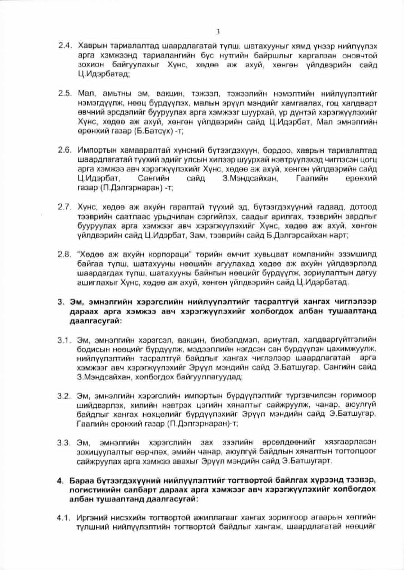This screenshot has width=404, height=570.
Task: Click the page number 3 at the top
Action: (218, 32)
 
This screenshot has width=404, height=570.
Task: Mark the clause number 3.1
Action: (64, 340)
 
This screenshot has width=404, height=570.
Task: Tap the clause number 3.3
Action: (64, 443)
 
